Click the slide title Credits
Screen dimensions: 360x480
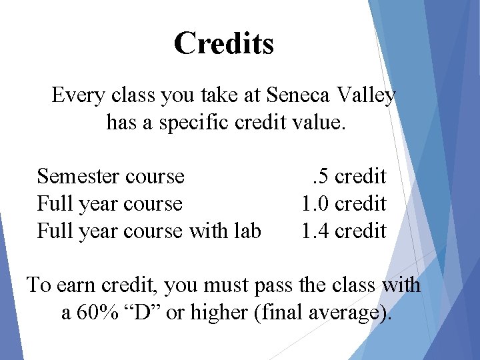223,44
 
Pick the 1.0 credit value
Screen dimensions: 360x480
344,203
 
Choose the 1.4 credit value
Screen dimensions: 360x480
344,231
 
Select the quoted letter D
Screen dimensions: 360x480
143,312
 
